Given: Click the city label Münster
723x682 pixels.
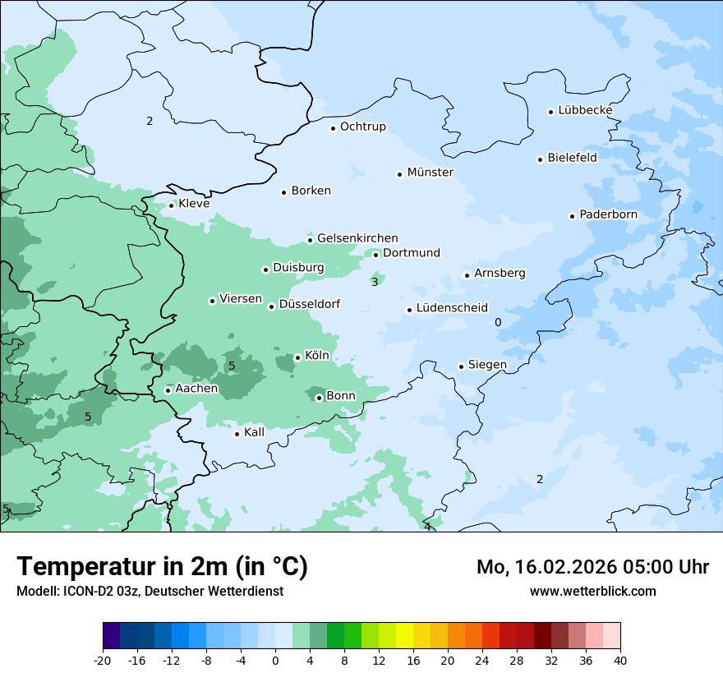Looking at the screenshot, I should (430, 173).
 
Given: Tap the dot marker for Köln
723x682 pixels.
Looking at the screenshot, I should (297, 357).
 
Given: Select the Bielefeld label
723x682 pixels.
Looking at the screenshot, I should (572, 158).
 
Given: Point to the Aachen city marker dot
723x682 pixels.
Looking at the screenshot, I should (168, 390).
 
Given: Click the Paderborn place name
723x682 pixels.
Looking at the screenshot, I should (608, 215).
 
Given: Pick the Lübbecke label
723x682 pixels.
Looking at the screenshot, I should (585, 110).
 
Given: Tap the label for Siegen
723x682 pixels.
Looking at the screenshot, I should (487, 365).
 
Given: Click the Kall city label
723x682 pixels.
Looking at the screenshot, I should (255, 432).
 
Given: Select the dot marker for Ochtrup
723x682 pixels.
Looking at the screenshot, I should (333, 127).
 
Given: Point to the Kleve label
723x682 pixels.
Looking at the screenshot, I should (194, 204).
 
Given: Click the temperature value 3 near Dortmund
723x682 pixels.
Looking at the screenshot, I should (375, 282).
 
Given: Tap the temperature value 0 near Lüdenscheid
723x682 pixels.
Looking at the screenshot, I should (498, 322).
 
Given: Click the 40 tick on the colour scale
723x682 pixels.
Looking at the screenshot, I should (619, 661).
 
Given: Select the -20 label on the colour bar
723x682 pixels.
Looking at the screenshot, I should (103, 661).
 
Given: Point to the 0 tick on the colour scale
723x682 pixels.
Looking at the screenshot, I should (275, 661).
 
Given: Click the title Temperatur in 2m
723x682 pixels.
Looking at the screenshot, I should (162, 566).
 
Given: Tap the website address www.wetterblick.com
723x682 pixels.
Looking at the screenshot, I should (592, 592).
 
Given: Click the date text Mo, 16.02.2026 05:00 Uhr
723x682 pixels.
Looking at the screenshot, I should (592, 567).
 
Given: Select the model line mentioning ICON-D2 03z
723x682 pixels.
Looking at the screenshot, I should (150, 592).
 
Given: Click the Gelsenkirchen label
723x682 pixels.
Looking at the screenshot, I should (357, 238).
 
